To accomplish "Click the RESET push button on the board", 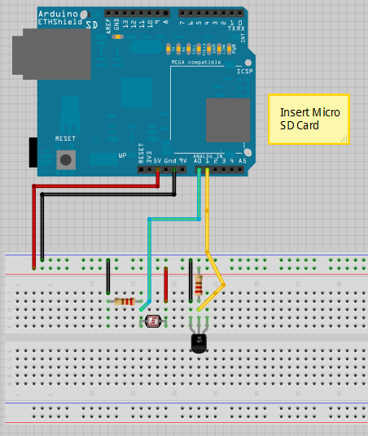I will (x=65, y=158).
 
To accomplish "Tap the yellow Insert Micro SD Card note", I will (x=309, y=119).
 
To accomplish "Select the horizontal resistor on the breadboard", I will (x=125, y=302).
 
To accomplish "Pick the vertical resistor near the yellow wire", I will (x=199, y=285).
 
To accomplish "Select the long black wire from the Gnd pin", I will (x=42, y=228).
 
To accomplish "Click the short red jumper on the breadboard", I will (x=166, y=283).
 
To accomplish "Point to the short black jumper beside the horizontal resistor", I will (x=109, y=279).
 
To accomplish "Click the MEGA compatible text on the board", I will (x=193, y=62).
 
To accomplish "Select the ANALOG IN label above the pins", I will (x=208, y=155).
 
